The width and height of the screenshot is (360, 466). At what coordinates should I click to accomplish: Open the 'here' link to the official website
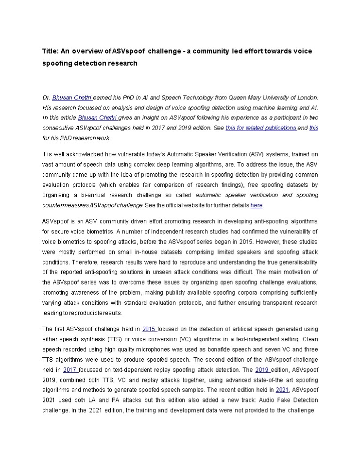257,205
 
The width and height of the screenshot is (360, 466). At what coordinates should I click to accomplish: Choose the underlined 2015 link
150,329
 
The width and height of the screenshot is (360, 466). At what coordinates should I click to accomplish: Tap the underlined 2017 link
70,369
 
